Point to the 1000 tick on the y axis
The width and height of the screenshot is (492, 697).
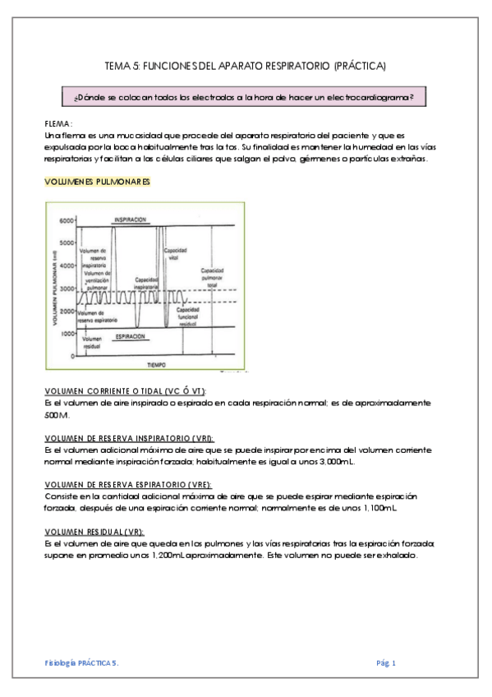(66, 334)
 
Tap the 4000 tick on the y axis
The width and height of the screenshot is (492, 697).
(66, 267)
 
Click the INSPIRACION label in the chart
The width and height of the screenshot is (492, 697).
(131, 220)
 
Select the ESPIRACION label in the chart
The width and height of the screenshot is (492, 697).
(131, 337)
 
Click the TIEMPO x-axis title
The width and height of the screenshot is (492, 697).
(157, 362)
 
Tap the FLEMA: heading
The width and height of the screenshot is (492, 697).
(58, 123)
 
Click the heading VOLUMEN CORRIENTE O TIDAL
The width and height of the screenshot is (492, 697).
(123, 391)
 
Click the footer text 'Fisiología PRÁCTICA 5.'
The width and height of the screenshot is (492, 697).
(81, 662)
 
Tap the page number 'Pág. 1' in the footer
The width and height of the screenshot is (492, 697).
(386, 662)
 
